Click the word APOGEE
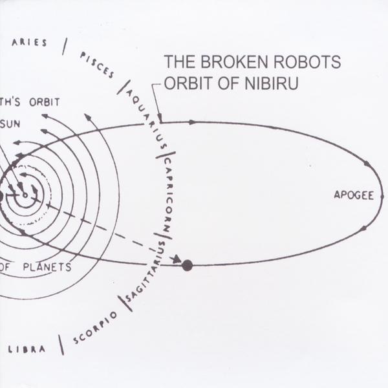click(x=354, y=195)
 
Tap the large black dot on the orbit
click(x=188, y=265)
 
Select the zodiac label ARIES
click(x=30, y=43)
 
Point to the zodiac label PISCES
click(x=97, y=65)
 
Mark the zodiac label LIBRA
click(x=27, y=349)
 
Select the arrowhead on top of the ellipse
click(x=193, y=122)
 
